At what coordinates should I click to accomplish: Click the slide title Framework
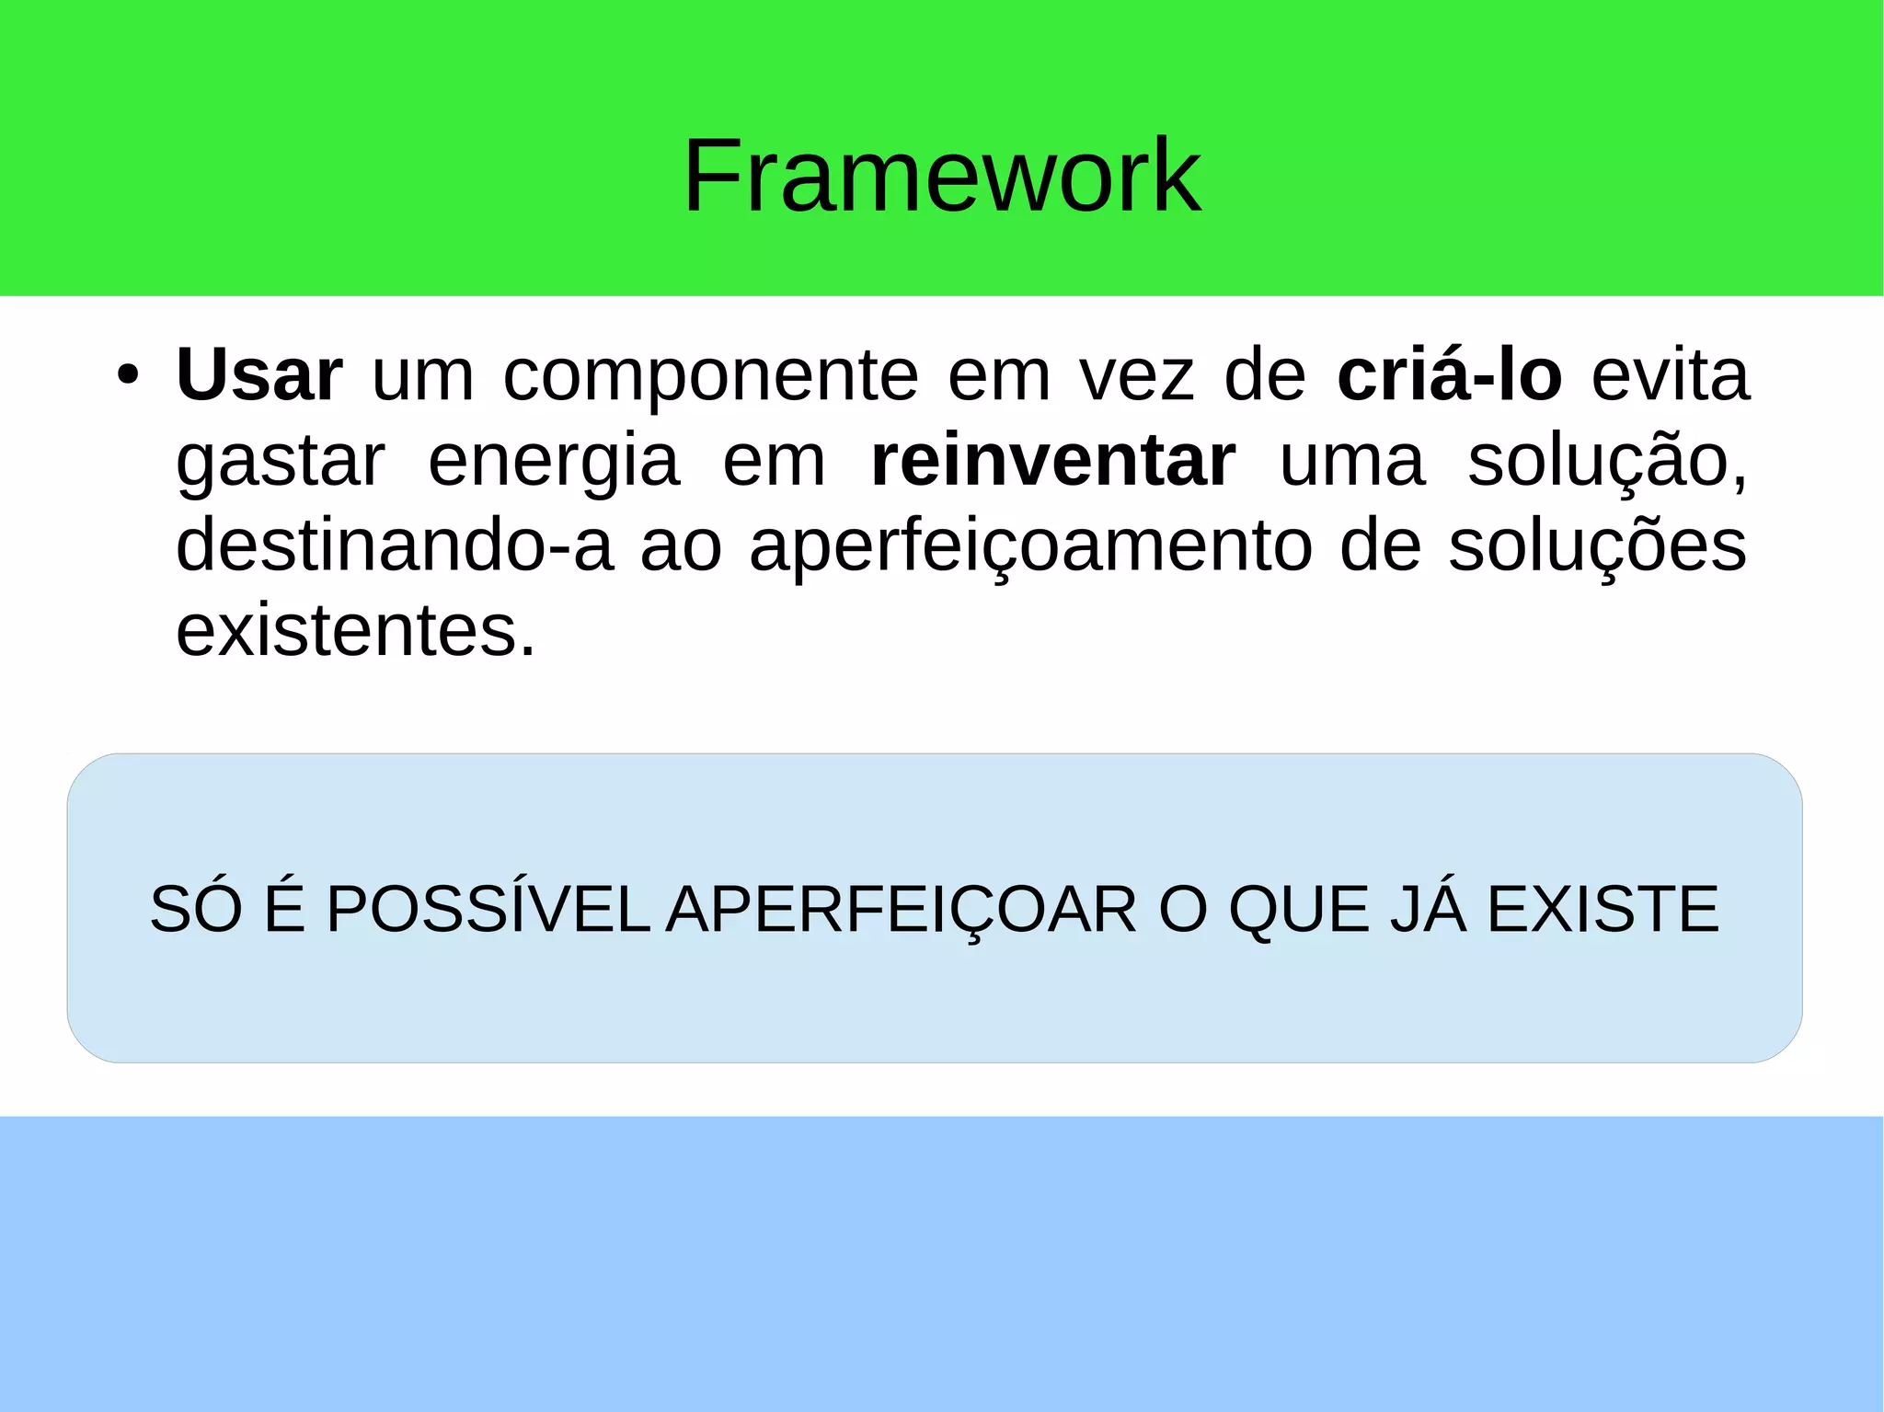pyautogui.click(x=941, y=175)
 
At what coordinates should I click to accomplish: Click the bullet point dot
pyautogui.click(x=128, y=376)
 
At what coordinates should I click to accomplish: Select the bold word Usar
pyautogui.click(x=258, y=375)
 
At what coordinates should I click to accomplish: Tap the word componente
pyautogui.click(x=710, y=377)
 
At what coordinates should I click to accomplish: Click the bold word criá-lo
pyautogui.click(x=1449, y=375)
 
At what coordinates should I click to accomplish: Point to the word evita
pyautogui.click(x=1670, y=375)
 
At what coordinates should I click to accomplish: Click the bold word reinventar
pyautogui.click(x=1053, y=461)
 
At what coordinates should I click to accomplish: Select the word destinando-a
pyautogui.click(x=394, y=545)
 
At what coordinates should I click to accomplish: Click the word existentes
pyautogui.click(x=355, y=631)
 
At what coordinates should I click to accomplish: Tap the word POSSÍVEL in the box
pyautogui.click(x=488, y=909)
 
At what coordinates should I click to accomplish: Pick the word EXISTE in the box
pyautogui.click(x=1603, y=909)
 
